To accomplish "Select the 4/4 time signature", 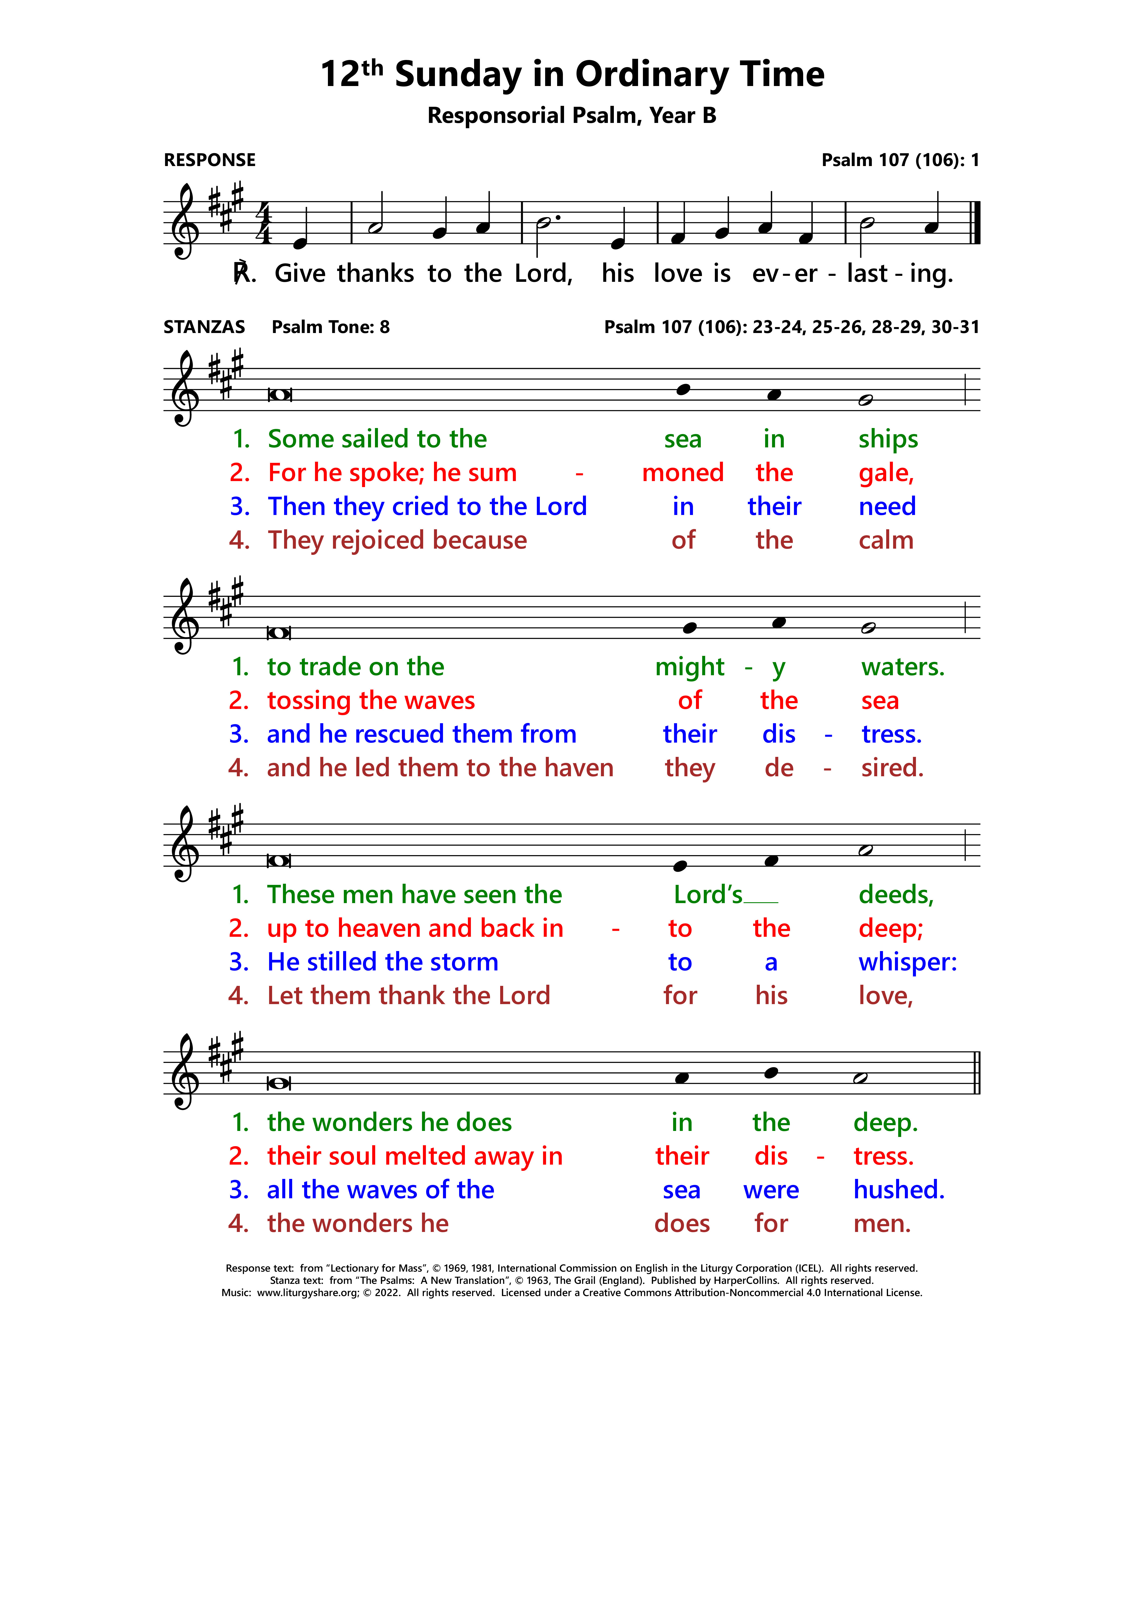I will pyautogui.click(x=263, y=223).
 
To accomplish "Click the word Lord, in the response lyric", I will pyautogui.click(x=543, y=274).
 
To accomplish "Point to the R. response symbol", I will pyautogui.click(x=244, y=274).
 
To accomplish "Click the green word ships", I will pyautogui.click(x=887, y=439).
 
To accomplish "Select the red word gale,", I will pyautogui.click(x=885, y=473).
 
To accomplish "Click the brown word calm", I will pyautogui.click(x=885, y=541).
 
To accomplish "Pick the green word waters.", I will pyautogui.click(x=902, y=667).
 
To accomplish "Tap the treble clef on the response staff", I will pyautogui.click(x=185, y=223).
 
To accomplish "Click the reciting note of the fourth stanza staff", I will pyautogui.click(x=279, y=1083).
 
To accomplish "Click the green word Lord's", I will pyautogui.click(x=708, y=895).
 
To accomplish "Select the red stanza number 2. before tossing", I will pyautogui.click(x=239, y=700).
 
